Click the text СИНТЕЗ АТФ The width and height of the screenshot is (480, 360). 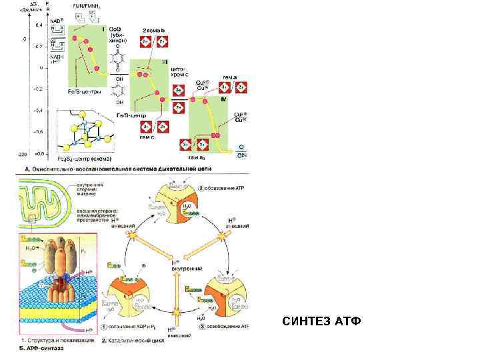[321, 322]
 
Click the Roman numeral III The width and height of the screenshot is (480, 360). [165, 62]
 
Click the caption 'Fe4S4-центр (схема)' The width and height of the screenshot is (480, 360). [84, 158]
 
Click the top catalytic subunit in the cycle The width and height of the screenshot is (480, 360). [177, 203]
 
